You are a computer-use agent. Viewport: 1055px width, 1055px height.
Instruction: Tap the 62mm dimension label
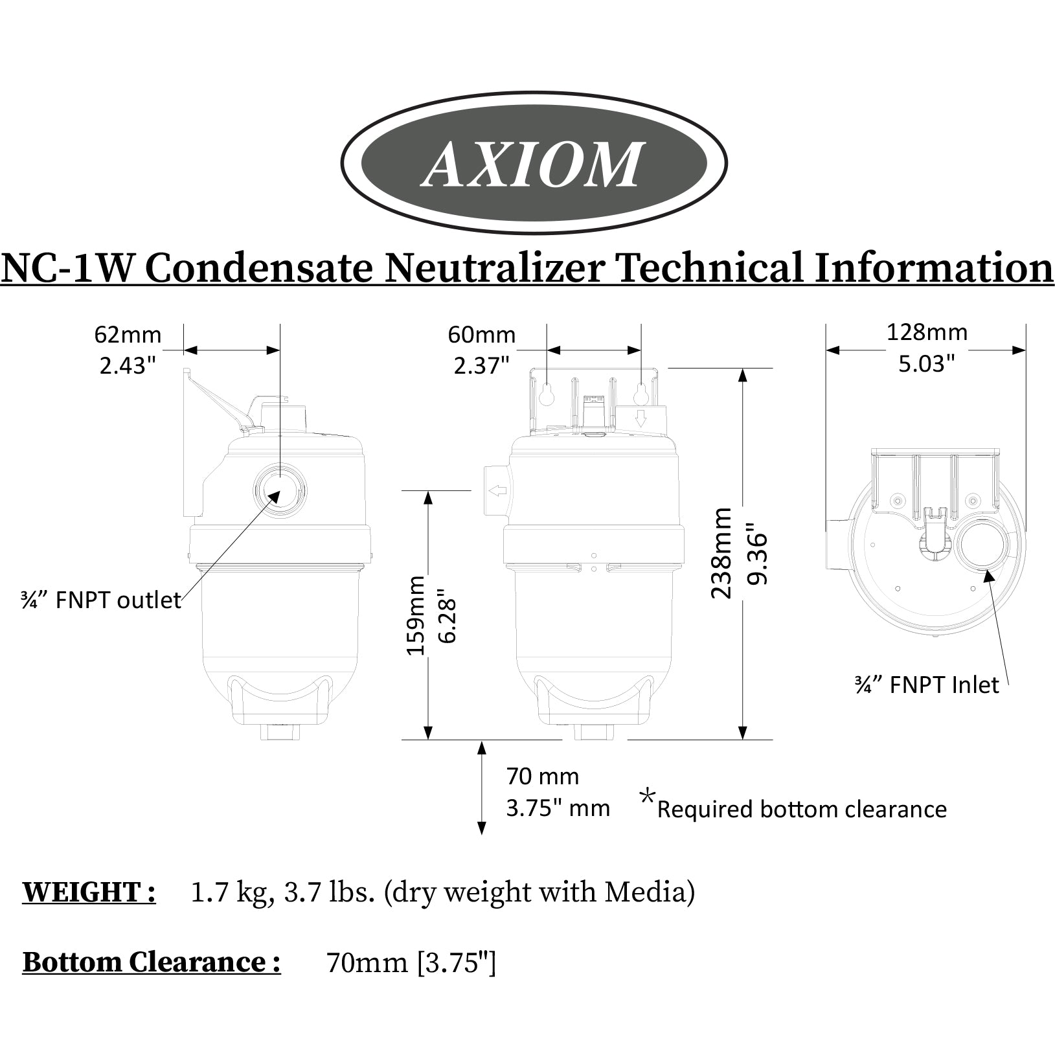click(128, 335)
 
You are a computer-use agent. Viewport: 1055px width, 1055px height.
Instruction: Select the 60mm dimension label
click(482, 335)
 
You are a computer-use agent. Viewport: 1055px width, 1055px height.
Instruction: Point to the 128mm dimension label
click(927, 332)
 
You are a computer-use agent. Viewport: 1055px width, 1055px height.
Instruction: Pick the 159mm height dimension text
click(416, 615)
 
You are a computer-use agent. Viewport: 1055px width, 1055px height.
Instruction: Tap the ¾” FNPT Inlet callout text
click(927, 685)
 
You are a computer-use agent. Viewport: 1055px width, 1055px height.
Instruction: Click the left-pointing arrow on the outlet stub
click(497, 491)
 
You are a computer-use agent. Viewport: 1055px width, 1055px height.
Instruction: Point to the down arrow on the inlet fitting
click(641, 419)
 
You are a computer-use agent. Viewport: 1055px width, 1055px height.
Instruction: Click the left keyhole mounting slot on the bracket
click(547, 394)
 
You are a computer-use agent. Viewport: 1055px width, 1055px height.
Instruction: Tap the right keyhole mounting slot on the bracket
click(641, 393)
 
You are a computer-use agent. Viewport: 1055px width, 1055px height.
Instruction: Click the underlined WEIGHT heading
click(89, 892)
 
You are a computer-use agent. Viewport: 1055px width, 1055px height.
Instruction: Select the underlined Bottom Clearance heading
click(152, 962)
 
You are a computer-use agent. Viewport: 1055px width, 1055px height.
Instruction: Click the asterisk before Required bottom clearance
click(647, 797)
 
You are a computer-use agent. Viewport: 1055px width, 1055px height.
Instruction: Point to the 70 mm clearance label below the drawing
click(543, 776)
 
